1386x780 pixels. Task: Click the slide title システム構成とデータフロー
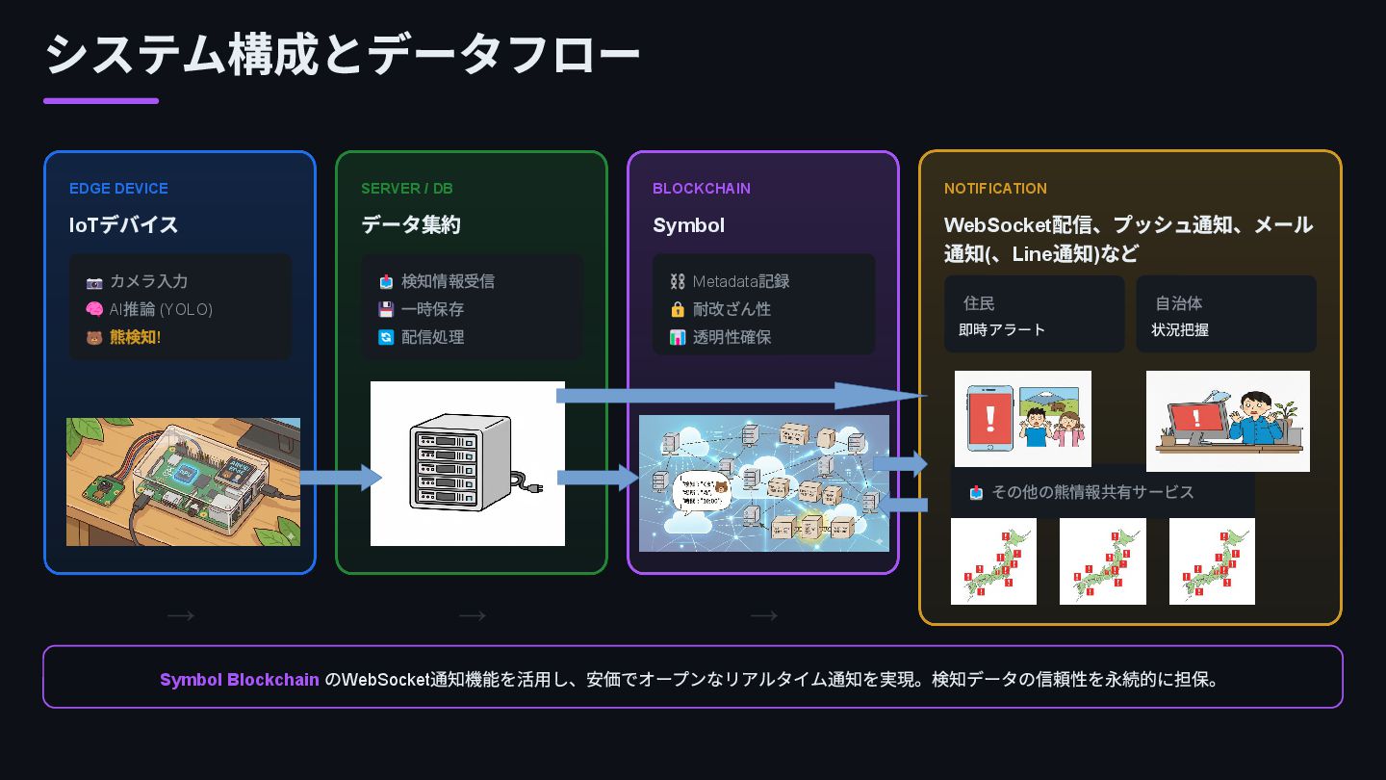(342, 54)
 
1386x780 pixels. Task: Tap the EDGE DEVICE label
(118, 189)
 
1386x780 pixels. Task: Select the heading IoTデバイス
(123, 225)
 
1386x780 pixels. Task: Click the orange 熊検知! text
(135, 337)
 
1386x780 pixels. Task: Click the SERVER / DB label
(406, 189)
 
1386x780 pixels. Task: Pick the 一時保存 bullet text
(432, 309)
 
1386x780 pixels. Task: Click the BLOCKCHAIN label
(701, 189)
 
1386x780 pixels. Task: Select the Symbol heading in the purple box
(688, 225)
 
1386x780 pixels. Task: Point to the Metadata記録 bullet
(740, 281)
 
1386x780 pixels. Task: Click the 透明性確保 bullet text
(731, 337)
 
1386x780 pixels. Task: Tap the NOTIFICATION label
(995, 189)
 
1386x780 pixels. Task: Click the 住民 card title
(979, 303)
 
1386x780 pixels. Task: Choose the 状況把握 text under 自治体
(1180, 329)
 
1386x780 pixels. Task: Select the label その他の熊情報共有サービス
(1092, 492)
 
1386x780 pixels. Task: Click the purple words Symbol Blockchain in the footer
(239, 680)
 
